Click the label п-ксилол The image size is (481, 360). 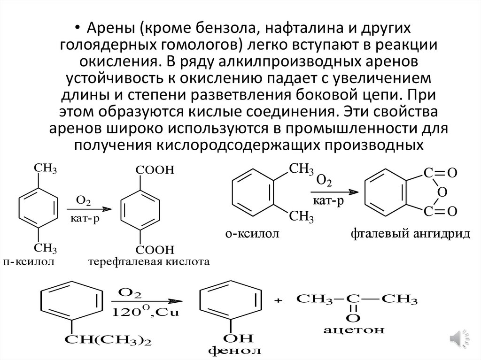(29, 261)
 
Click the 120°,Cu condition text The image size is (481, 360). (143, 312)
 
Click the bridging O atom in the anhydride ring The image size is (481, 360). (440, 192)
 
